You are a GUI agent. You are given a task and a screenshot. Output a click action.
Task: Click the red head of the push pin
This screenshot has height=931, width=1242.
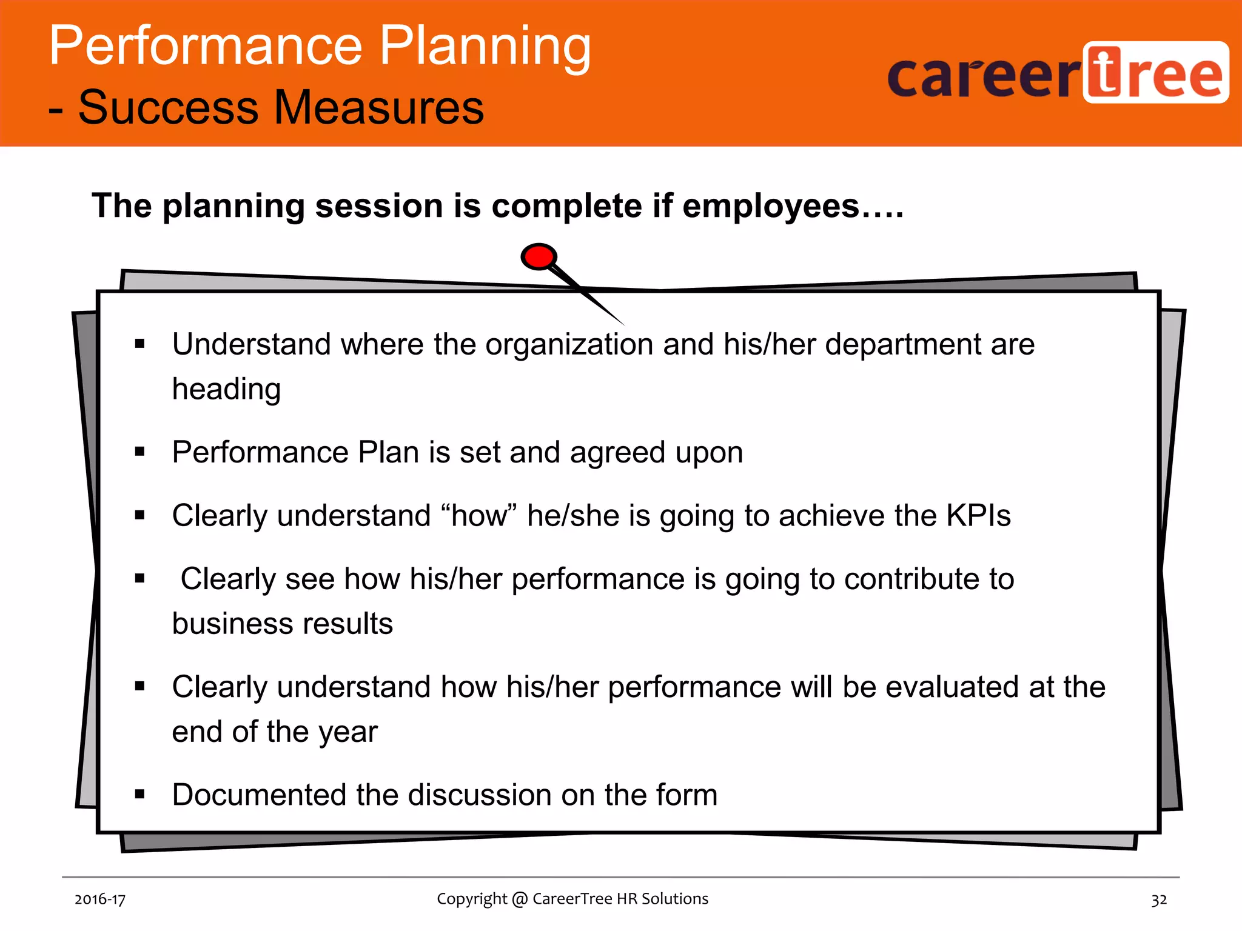pos(539,257)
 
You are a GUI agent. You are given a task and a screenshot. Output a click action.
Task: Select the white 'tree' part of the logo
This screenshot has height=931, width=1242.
pos(1156,73)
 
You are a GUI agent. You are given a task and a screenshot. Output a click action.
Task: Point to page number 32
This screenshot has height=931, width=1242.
pos(1159,899)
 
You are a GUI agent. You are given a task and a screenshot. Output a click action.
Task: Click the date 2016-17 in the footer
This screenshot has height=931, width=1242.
pos(100,899)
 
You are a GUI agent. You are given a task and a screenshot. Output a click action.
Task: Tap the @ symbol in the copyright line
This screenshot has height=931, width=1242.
pos(520,899)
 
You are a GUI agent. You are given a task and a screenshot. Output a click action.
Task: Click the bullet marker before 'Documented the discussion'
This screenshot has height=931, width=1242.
pos(140,794)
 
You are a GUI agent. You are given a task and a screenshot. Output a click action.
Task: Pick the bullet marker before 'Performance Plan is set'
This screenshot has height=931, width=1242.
pos(140,452)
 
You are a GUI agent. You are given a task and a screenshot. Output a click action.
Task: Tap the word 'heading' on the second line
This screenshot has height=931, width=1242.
pos(226,389)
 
